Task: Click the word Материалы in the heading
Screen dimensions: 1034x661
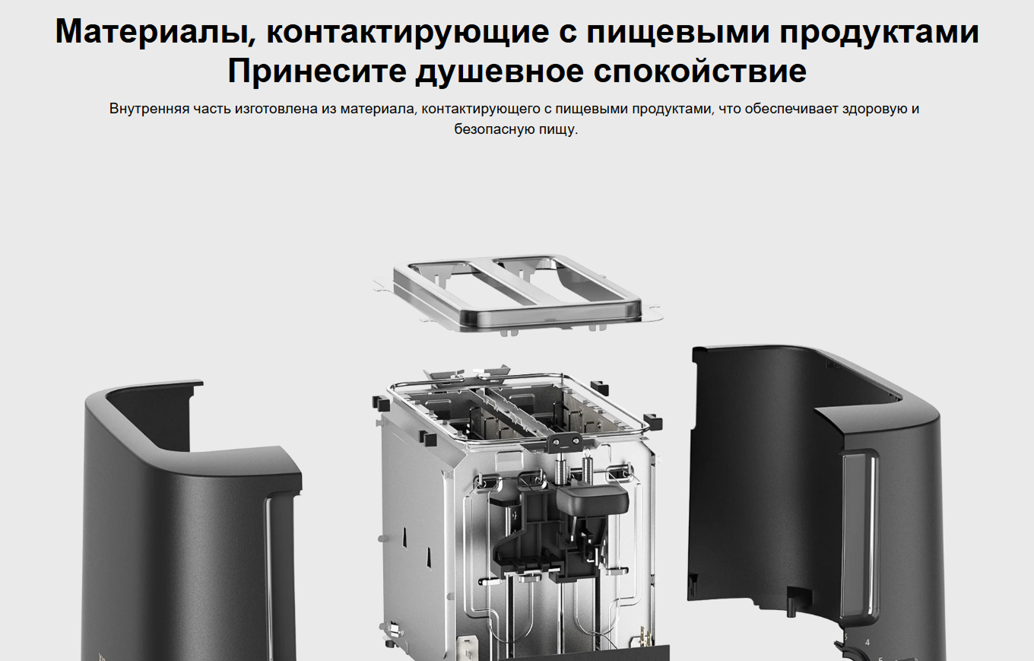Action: (x=154, y=33)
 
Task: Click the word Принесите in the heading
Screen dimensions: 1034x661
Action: (x=317, y=72)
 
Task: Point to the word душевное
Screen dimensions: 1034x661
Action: (x=500, y=72)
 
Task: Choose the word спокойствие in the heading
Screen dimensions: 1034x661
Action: (x=699, y=72)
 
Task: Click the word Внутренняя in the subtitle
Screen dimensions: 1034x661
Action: (x=149, y=109)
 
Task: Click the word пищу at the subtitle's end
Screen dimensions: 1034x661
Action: (x=557, y=130)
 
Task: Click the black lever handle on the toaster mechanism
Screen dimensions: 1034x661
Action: (x=592, y=500)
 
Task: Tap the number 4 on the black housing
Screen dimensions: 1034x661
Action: (x=867, y=642)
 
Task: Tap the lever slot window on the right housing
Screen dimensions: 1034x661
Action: (x=858, y=535)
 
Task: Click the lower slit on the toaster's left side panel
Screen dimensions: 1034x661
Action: (x=428, y=558)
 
